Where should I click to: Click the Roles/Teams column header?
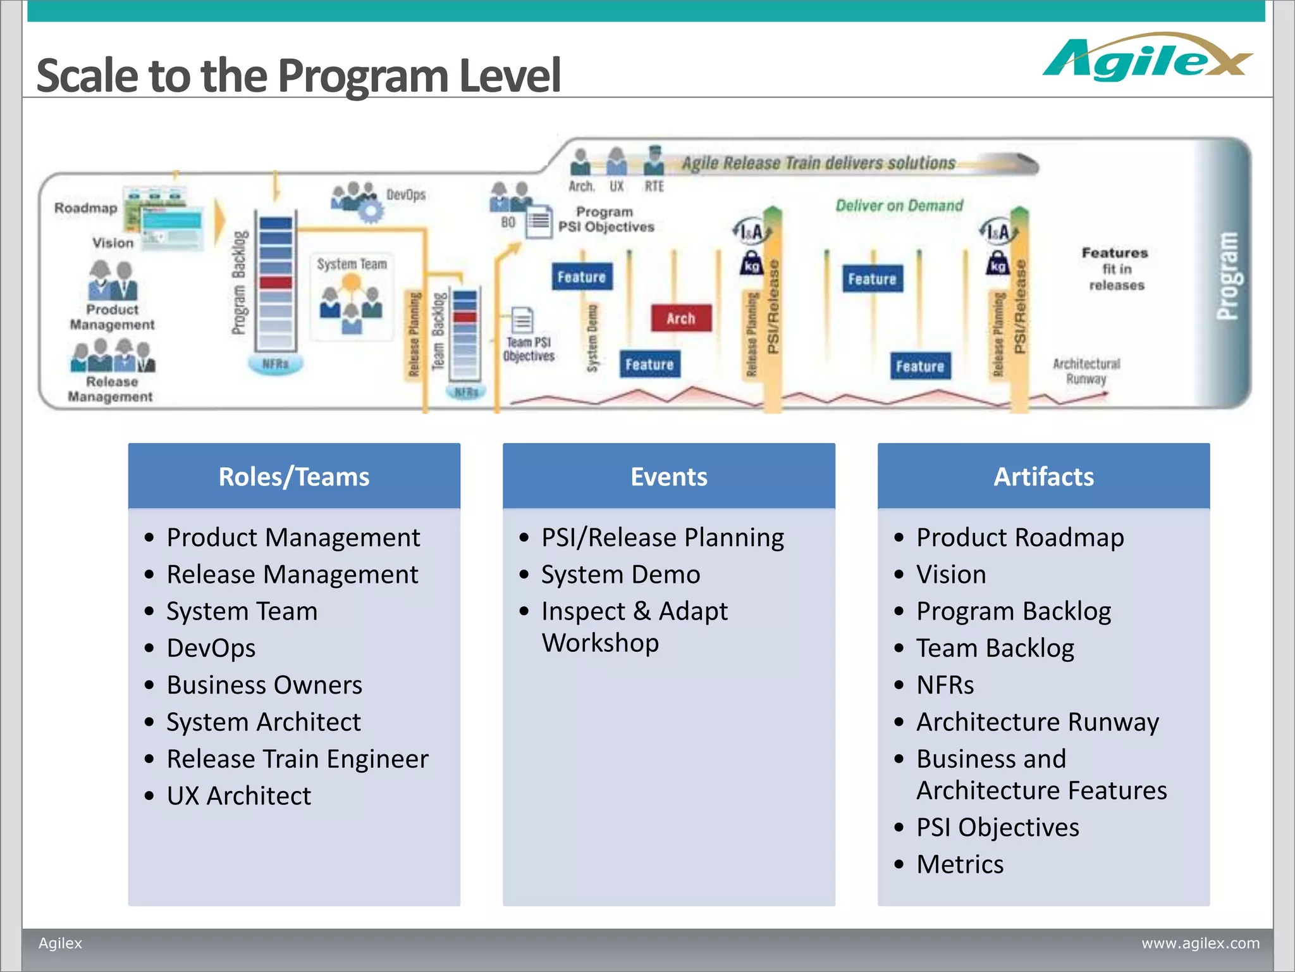click(x=294, y=477)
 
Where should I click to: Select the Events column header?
click(x=668, y=477)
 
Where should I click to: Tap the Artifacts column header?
click(x=1043, y=477)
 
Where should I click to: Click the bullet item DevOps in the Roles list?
click(x=211, y=648)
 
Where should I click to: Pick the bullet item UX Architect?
click(x=239, y=795)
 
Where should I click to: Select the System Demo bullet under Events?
click(x=620, y=575)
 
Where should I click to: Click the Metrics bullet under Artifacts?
click(x=960, y=864)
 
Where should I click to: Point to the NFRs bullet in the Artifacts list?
click(x=945, y=685)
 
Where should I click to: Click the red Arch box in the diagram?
click(x=680, y=318)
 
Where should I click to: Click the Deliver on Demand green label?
click(x=899, y=206)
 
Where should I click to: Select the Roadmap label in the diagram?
click(x=86, y=208)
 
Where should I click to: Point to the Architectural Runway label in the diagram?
click(x=1086, y=371)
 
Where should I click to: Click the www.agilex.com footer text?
click(x=1200, y=943)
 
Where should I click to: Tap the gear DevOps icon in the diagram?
click(x=370, y=209)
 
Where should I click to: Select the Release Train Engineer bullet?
click(x=297, y=759)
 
